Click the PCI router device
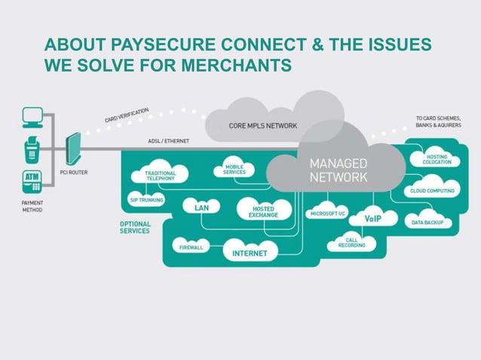(73, 151)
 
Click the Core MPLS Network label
(262, 126)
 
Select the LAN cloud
(201, 206)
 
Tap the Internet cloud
(249, 253)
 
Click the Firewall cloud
(191, 246)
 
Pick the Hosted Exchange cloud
(263, 211)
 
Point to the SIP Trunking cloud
(141, 200)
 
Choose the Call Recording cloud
(352, 242)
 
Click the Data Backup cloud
(427, 222)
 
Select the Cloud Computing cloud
(432, 191)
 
